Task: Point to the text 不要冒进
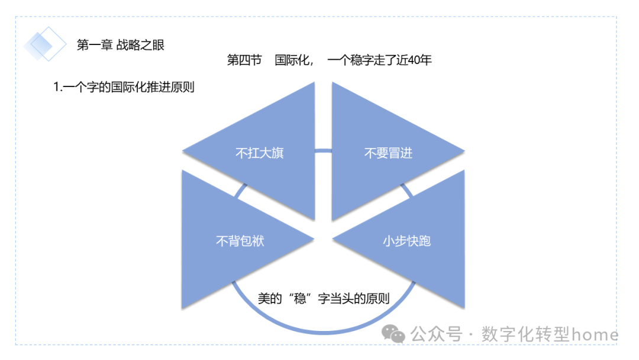tap(388, 153)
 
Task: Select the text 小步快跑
tap(406, 241)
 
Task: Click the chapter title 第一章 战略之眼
tap(121, 44)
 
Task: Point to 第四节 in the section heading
tap(244, 60)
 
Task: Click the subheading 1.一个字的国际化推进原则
tap(124, 87)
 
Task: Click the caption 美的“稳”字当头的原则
tap(324, 298)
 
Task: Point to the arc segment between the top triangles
tap(323, 150)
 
